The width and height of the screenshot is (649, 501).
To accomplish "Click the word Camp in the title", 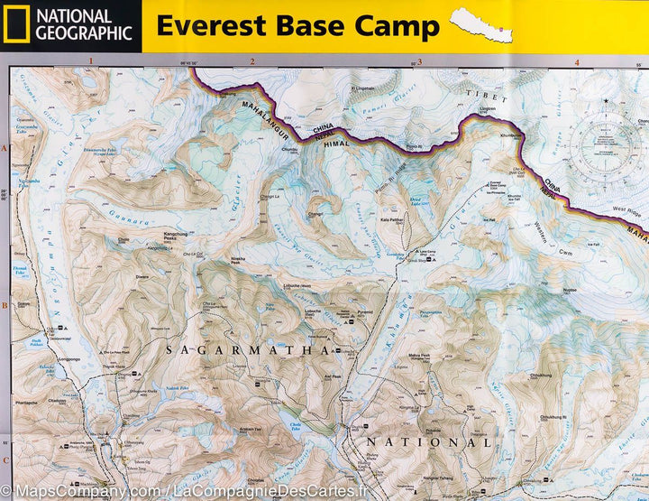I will coord(397,26).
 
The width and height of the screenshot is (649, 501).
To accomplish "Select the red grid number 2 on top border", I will coord(252,61).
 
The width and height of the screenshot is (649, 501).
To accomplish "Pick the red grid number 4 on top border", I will coord(576,61).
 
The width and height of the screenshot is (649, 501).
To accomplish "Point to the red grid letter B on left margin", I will coord(5,306).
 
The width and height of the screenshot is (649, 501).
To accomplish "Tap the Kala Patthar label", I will coord(390,219).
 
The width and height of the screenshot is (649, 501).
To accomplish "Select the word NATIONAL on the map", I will coord(428,443).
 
